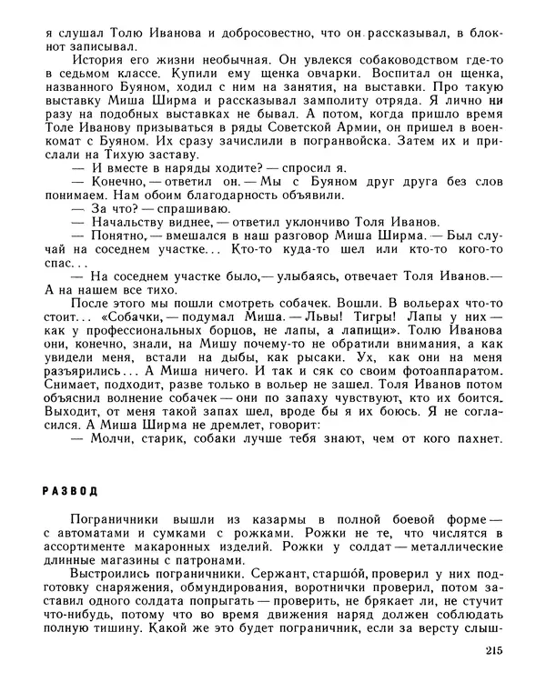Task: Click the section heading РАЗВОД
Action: (x=69, y=491)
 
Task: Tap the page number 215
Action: (x=487, y=651)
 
